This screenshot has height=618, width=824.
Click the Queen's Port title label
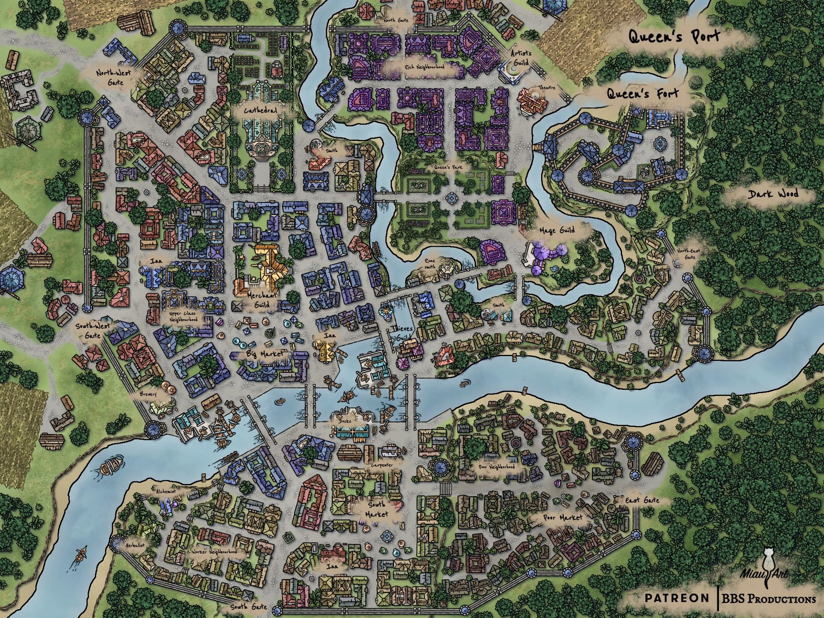(x=674, y=37)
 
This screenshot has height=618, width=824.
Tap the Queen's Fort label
(x=642, y=94)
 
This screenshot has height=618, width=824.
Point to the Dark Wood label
(x=773, y=194)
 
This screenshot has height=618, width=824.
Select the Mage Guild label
(x=557, y=230)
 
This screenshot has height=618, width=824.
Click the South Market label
(x=377, y=509)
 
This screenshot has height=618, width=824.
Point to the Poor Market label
(x=563, y=518)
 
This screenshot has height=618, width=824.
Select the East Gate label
(x=642, y=500)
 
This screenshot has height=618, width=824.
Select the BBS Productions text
(x=769, y=599)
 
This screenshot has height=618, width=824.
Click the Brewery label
(x=148, y=394)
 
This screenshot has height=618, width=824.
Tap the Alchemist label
(x=166, y=491)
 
